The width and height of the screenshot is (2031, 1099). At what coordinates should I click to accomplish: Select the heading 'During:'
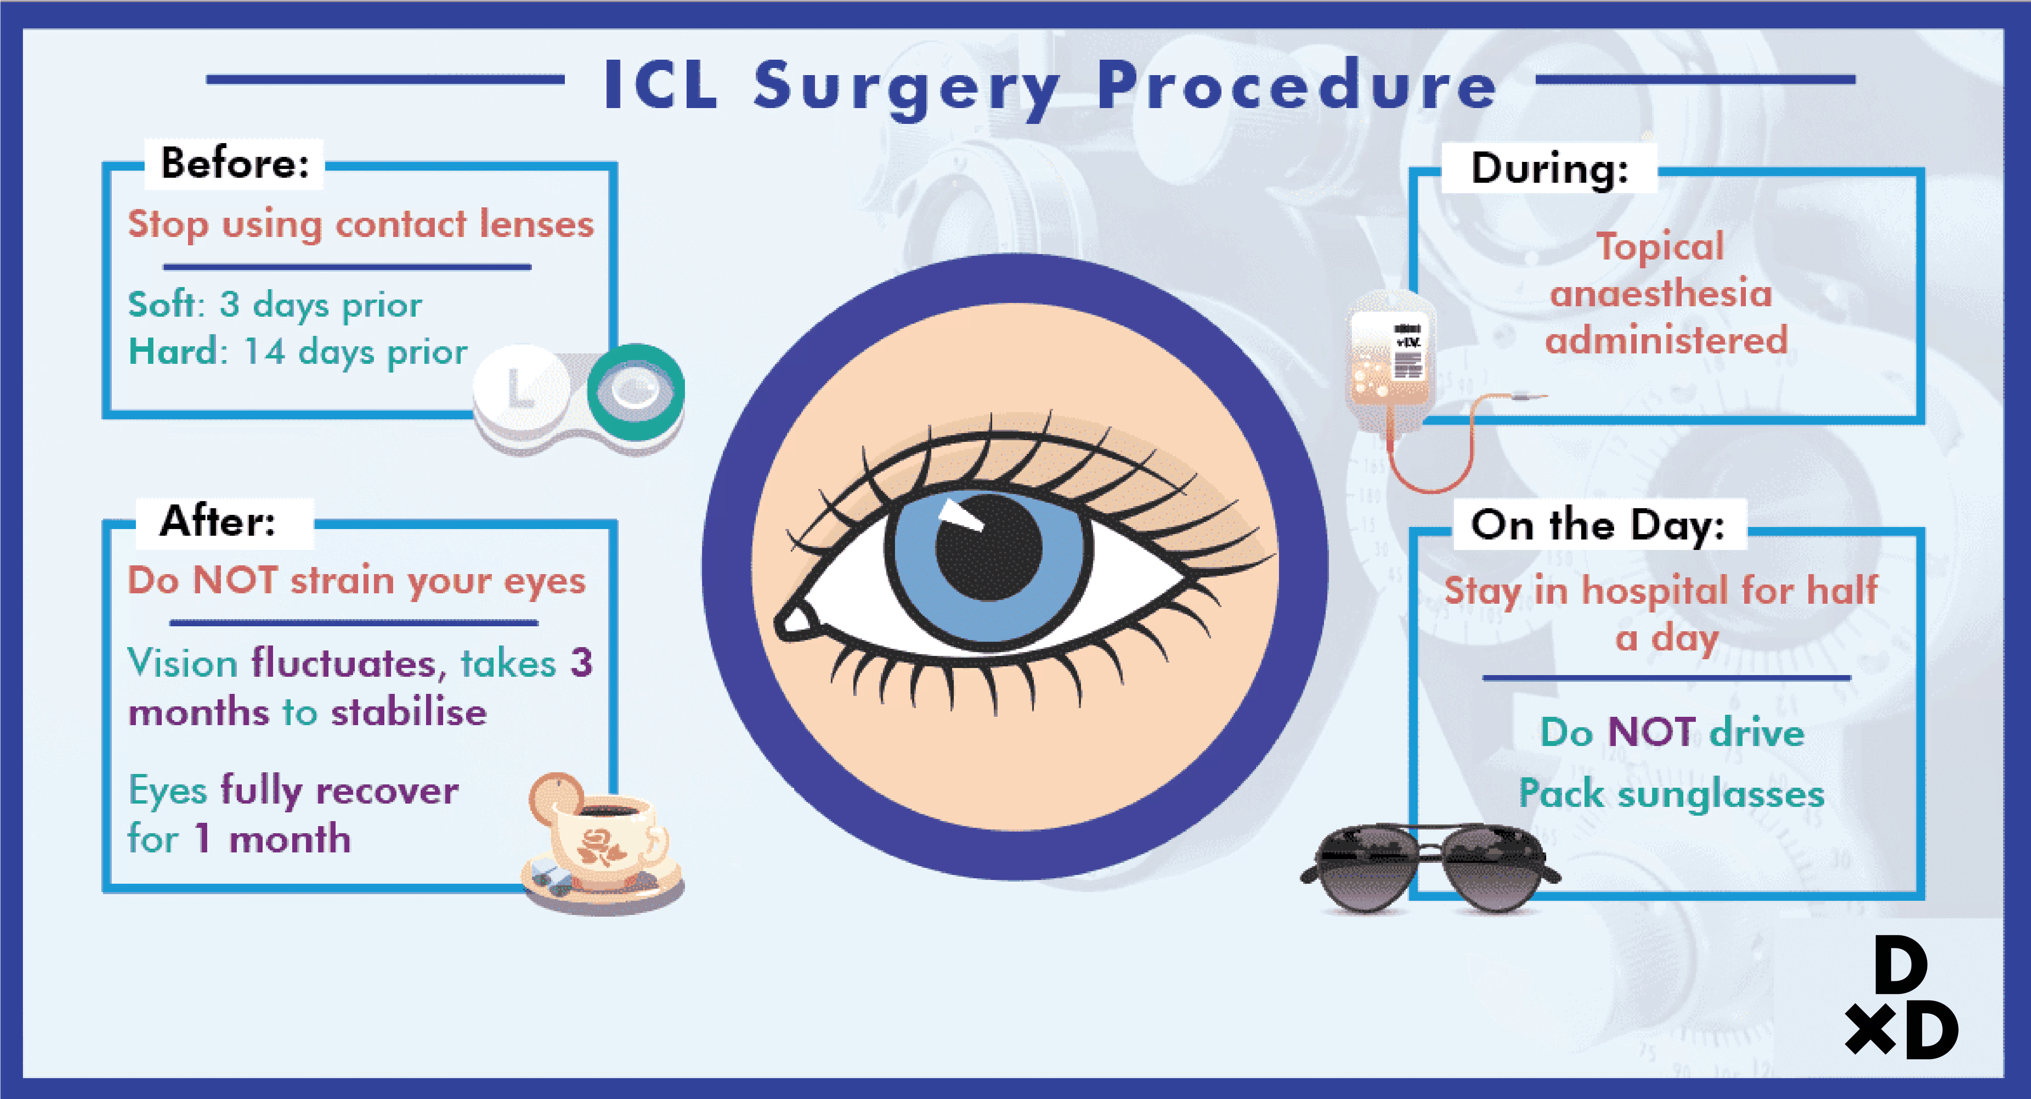(x=1549, y=168)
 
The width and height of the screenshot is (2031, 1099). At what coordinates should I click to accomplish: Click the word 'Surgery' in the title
(x=907, y=87)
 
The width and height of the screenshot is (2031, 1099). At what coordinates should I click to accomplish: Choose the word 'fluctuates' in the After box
(x=344, y=663)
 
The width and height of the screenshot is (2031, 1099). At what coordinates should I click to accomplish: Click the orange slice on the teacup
(x=554, y=795)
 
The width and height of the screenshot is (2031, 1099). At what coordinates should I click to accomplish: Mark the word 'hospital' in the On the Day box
(x=1656, y=590)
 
